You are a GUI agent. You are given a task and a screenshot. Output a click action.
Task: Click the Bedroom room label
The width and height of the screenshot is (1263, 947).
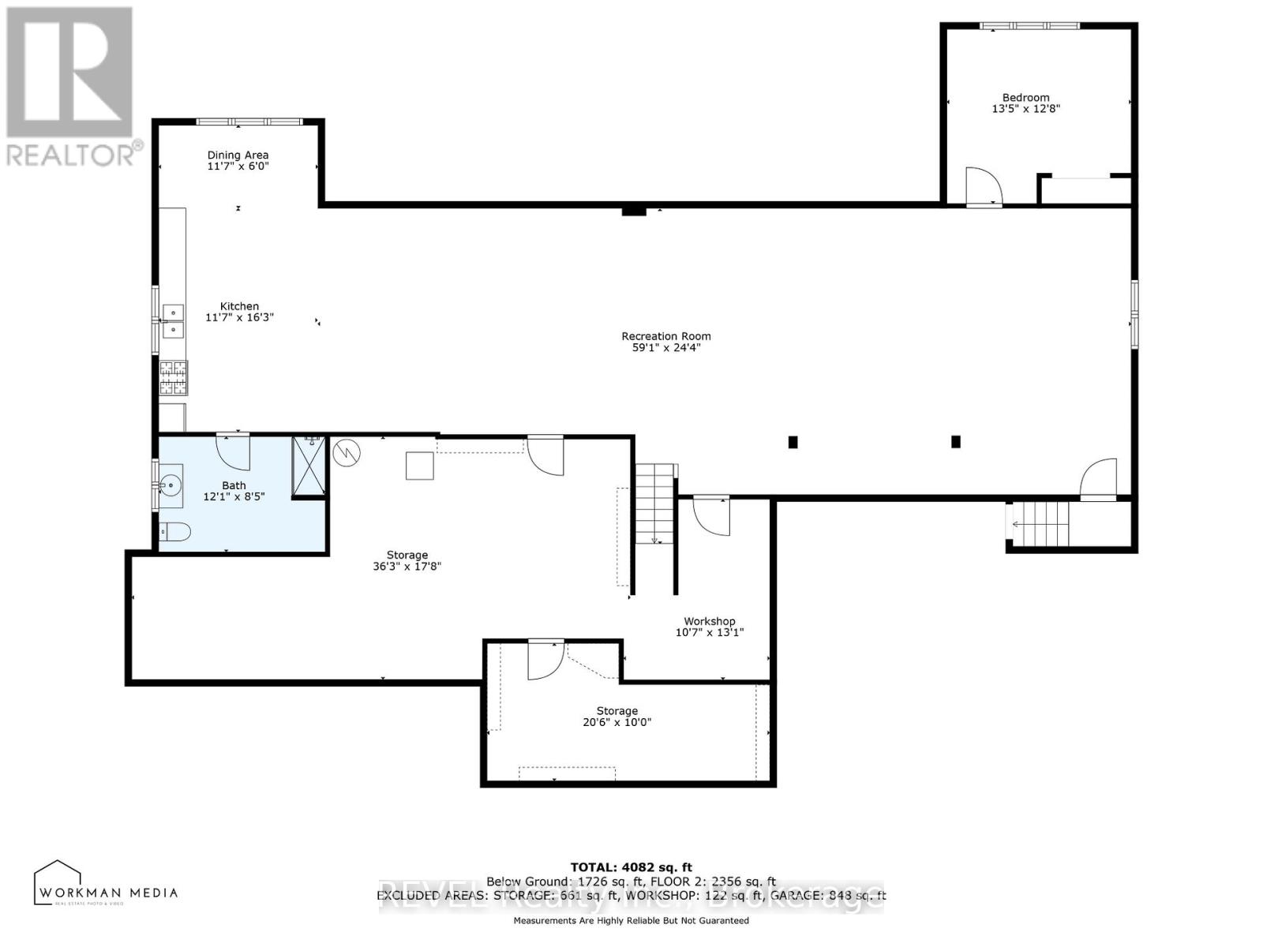1025,98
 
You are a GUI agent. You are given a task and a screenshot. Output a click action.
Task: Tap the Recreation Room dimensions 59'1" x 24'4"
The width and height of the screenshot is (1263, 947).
665,347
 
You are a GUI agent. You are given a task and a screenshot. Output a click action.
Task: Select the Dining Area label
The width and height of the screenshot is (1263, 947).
238,155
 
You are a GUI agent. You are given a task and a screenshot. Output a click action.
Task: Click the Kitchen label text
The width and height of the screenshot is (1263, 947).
239,306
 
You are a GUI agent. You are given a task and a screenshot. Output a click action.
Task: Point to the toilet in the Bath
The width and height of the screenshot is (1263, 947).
174,533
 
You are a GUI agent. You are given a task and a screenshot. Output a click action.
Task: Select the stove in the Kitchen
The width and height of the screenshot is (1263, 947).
174,377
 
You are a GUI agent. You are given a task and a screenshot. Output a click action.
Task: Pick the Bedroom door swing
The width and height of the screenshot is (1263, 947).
984,188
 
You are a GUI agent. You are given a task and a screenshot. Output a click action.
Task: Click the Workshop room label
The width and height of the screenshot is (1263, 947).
709,621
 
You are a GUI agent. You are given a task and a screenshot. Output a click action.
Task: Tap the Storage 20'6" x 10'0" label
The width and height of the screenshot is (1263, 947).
617,717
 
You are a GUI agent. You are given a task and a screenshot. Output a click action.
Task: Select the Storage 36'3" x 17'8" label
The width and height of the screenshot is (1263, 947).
407,560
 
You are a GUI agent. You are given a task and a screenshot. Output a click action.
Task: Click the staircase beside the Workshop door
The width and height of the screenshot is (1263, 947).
654,505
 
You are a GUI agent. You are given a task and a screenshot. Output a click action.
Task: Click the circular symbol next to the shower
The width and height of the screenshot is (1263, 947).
347,452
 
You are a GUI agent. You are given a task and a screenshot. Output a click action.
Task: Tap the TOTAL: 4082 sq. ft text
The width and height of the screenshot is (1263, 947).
631,867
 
